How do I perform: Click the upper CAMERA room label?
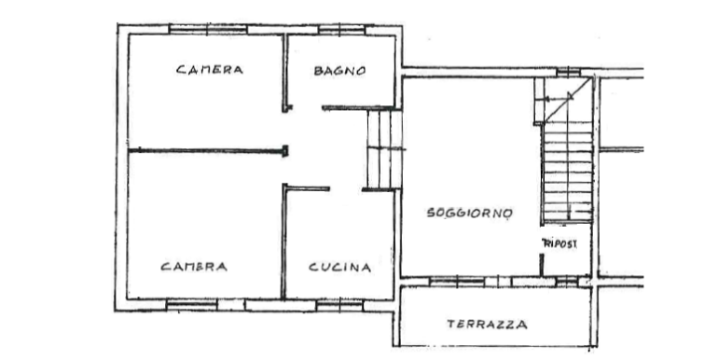coord(210,70)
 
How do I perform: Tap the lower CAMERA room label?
coord(194,267)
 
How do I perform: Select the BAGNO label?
coord(339,71)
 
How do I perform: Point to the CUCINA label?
coord(339,267)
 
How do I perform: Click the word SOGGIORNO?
coord(469,213)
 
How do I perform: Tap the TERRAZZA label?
coord(487,325)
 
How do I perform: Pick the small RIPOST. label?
coord(559,243)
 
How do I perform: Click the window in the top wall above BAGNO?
coord(341,30)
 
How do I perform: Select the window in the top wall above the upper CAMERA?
coord(208,30)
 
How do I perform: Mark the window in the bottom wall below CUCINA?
coord(339,306)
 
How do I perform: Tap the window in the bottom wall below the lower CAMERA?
coord(191,305)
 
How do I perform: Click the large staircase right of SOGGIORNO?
coord(567,172)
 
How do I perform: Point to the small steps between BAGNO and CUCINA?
coord(384,149)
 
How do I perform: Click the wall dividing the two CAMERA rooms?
coord(208,151)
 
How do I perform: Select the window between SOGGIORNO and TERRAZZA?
coord(457,282)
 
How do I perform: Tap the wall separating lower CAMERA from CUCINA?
coord(283,242)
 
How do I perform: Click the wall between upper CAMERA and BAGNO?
coord(284,73)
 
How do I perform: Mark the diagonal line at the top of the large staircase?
coord(567,100)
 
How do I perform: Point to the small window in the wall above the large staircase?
coord(568,72)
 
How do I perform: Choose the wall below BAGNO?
coord(358,108)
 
